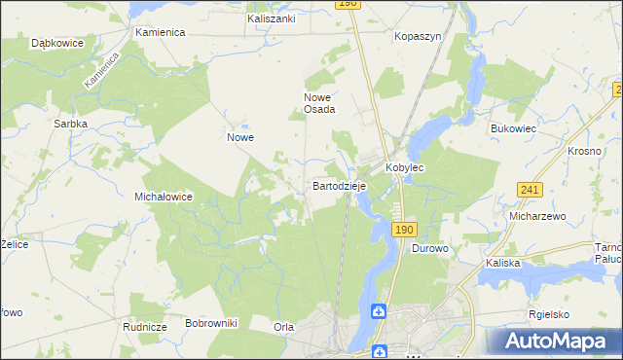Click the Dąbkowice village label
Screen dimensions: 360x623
click(55, 44)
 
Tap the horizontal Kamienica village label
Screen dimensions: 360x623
click(161, 32)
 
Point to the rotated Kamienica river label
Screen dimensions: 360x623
click(101, 71)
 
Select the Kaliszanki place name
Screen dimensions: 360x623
click(272, 18)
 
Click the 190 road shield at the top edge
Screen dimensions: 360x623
click(349, 5)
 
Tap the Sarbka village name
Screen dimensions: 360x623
click(72, 125)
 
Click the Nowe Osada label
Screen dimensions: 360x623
click(319, 103)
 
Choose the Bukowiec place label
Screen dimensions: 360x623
click(514, 127)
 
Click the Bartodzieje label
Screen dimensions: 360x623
click(338, 185)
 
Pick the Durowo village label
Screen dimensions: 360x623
click(429, 249)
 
